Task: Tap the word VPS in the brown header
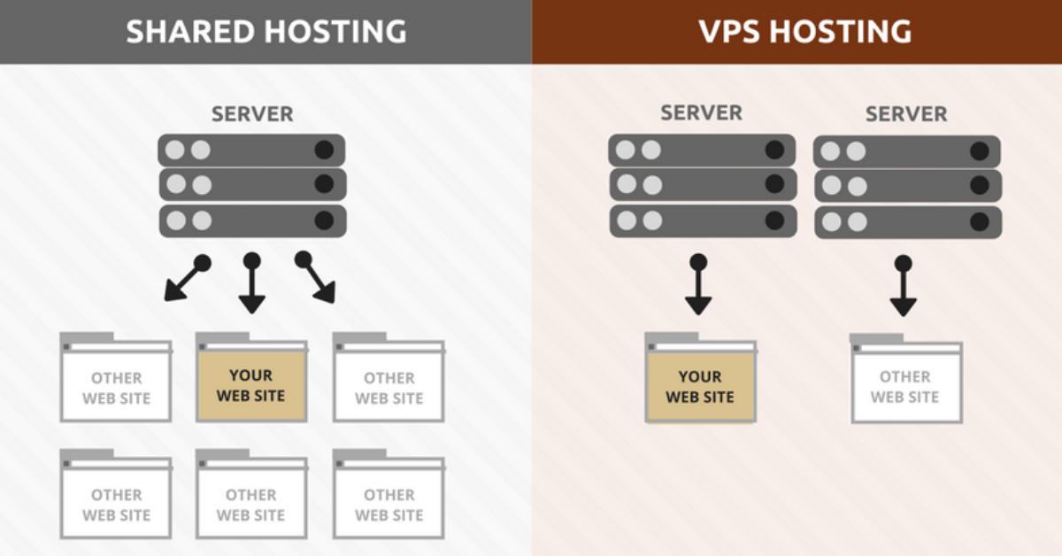[731, 32]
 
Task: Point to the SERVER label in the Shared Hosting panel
[252, 114]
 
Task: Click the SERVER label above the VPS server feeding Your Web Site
[702, 113]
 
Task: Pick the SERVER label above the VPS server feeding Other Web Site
[906, 114]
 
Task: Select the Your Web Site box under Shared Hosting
[251, 386]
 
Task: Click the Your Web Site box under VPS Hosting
[700, 386]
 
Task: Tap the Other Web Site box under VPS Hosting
[904, 386]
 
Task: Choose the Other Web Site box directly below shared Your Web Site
[251, 504]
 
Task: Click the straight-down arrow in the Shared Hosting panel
[252, 283]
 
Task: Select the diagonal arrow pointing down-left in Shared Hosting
[186, 279]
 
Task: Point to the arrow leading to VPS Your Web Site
[698, 284]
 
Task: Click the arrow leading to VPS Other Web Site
[903, 286]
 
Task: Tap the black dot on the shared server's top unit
[325, 150]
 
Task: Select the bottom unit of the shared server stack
[252, 220]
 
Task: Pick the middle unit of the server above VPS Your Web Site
[702, 184]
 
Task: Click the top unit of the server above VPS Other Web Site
[907, 151]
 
